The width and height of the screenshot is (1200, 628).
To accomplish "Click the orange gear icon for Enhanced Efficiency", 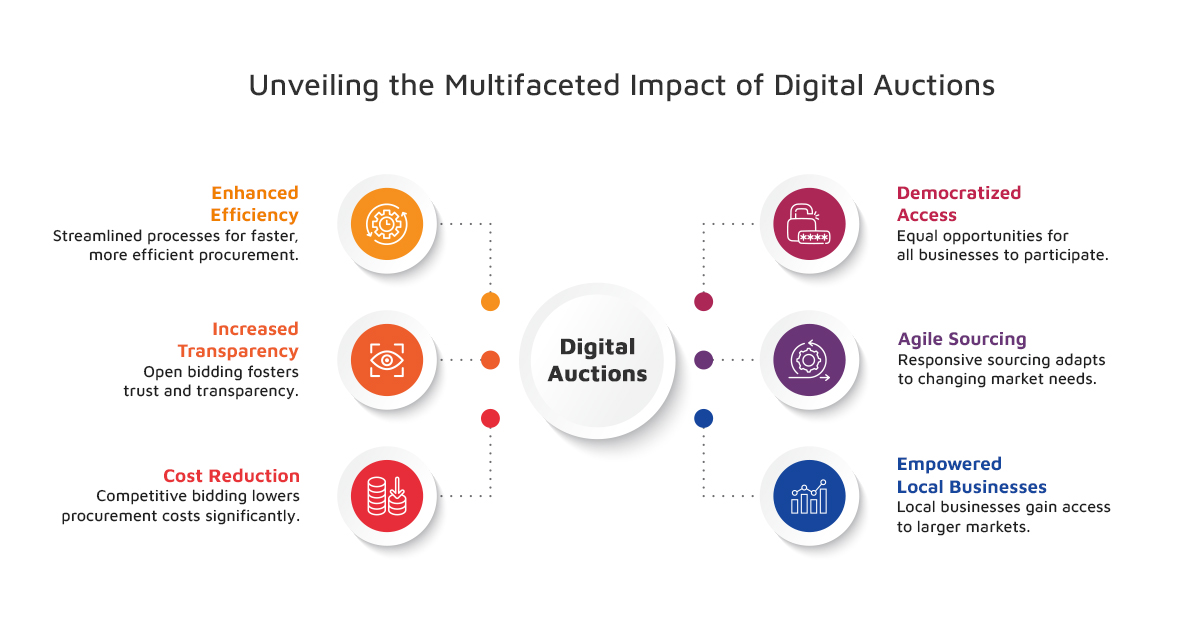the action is pos(387,224).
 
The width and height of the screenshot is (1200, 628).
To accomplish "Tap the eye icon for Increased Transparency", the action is pos(387,360).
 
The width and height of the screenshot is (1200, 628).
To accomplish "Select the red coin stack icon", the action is pos(387,496).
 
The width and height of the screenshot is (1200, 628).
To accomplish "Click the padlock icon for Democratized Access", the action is pos(809,224).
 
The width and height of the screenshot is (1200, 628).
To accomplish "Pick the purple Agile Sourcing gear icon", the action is pos(809,360).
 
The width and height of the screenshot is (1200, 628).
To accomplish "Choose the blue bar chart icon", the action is pos(809,496).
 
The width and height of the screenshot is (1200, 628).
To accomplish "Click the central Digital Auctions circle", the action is pos(597,361).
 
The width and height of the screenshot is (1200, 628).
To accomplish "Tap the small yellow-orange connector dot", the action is pos(490,302).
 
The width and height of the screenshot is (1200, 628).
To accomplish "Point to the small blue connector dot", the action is pos(703,418).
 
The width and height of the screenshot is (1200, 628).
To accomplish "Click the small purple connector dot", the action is pos(703,360).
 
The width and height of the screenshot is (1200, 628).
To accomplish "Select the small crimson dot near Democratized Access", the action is pos(703,302).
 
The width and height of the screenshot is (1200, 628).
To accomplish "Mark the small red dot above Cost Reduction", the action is pos(490,418).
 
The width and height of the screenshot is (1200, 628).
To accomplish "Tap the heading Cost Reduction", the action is pos(231,476).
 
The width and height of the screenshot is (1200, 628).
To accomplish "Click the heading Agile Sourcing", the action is pos(962,339).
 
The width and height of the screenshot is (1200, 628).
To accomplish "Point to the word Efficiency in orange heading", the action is pos(254,215).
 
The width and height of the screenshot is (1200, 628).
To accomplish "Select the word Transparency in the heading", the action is pos(238,351).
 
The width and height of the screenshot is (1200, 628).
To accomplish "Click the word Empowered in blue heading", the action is pos(949,464).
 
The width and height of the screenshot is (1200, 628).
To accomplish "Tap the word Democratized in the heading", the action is pos(959,193).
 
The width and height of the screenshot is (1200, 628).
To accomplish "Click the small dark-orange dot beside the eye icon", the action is pos(490,360).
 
